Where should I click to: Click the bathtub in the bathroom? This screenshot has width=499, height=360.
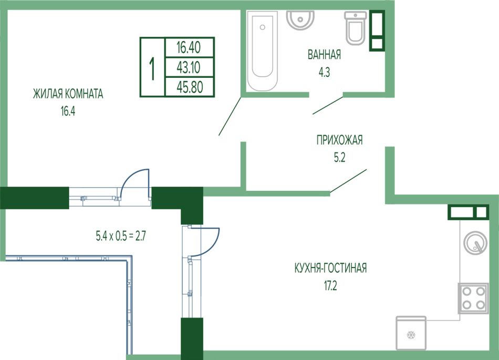[x=263, y=51]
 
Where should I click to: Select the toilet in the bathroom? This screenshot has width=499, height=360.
[x=355, y=28]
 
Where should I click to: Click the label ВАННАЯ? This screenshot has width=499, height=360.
[x=324, y=55]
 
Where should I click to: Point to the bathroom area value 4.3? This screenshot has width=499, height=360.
[x=324, y=73]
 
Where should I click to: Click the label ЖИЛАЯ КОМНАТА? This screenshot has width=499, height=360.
[x=68, y=94]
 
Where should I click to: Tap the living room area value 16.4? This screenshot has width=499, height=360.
[x=68, y=111]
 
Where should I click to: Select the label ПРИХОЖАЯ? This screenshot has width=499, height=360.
[x=339, y=140]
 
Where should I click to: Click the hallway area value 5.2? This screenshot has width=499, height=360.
[x=339, y=158]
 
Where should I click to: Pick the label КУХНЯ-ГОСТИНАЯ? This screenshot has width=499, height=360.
[x=330, y=268]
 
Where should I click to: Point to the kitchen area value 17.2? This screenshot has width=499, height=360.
[x=330, y=286]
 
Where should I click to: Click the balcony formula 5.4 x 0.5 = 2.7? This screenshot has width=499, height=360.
[x=121, y=236]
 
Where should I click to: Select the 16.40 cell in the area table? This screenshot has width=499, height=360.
[x=189, y=48]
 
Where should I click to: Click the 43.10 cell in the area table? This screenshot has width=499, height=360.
[x=189, y=67]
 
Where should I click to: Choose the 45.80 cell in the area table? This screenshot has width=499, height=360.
[x=190, y=87]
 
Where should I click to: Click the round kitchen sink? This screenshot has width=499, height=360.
[x=475, y=243]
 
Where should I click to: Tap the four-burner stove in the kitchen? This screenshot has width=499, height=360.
[x=473, y=299]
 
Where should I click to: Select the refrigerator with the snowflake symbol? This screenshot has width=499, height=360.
[x=411, y=333]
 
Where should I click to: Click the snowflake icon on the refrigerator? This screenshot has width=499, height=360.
[x=411, y=335]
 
